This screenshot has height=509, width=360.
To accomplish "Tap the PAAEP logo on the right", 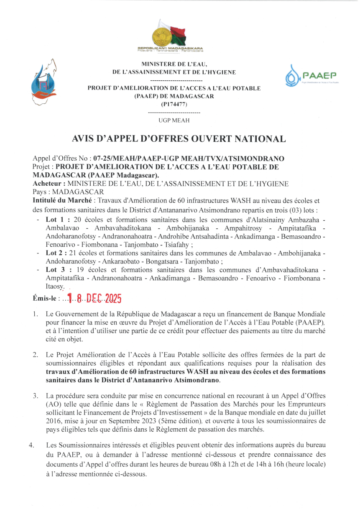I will (x=311, y=76).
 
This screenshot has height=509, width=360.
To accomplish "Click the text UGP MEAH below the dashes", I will (x=174, y=120).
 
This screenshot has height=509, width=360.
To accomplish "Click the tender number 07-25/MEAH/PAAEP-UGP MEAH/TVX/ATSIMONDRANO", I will (x=189, y=159).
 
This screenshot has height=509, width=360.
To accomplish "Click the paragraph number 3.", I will (x=36, y=395).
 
